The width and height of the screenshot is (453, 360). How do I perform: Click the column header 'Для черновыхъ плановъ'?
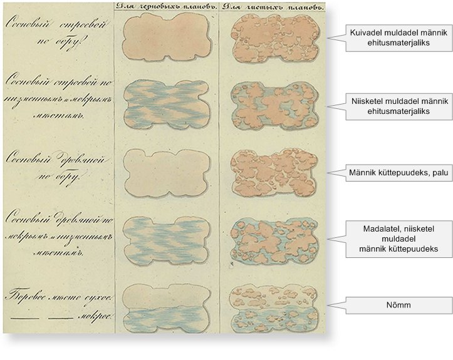(166, 6)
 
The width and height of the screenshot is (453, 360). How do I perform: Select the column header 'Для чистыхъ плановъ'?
(273, 6)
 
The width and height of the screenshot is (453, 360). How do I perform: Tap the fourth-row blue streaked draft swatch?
(166, 239)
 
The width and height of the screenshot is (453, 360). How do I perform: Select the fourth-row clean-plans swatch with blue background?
(273, 239)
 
